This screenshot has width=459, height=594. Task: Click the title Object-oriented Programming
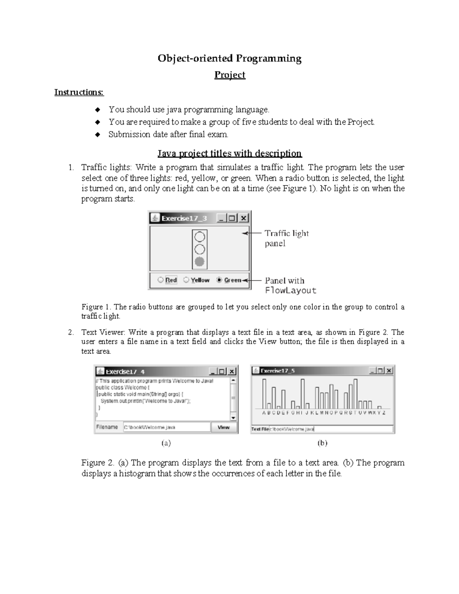229,59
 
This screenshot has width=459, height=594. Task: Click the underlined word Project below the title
229,75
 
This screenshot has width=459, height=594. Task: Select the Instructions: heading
79,92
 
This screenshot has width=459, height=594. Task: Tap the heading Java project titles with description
229,154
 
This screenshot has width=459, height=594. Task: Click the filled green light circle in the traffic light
200,262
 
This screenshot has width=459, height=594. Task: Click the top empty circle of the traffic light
200,237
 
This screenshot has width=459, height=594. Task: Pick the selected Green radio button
219,280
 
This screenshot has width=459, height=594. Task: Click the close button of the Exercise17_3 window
244,218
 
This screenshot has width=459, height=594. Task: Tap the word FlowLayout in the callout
291,291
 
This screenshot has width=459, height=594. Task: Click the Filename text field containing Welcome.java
166,427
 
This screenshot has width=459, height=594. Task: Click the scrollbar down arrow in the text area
233,417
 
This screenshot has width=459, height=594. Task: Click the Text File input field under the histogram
331,429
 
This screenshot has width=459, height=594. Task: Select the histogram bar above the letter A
264,394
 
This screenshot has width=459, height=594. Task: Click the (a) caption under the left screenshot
166,443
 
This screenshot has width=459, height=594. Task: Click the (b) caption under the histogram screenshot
322,443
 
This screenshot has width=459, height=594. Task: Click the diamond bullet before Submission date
98,135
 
